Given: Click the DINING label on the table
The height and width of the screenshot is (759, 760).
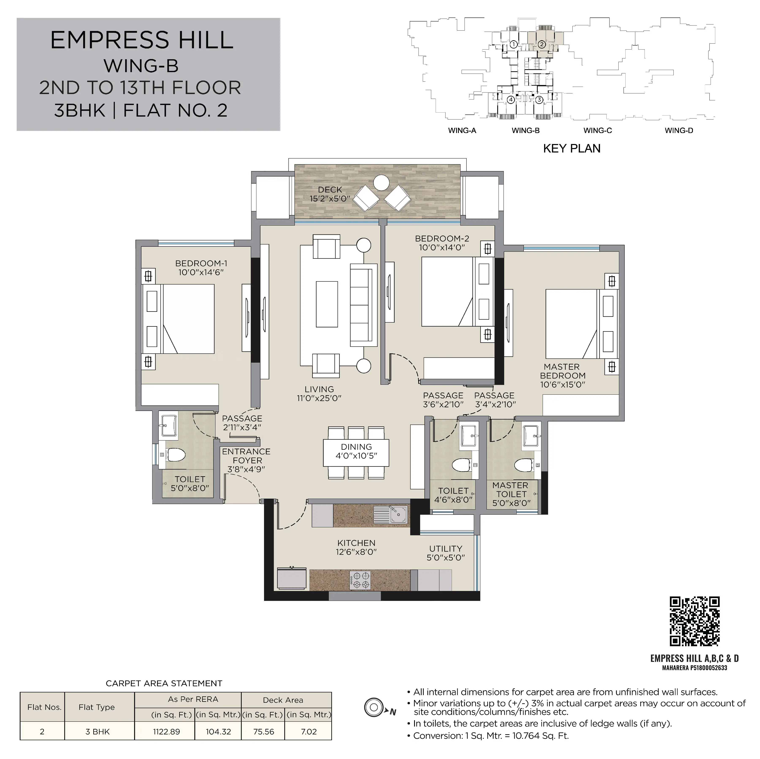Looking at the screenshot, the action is [x=356, y=447].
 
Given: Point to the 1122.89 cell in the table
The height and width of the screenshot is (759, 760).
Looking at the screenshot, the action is [x=166, y=732].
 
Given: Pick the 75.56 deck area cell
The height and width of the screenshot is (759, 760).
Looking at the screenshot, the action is [x=264, y=732].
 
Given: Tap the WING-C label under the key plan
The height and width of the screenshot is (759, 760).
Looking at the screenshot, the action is [x=597, y=131].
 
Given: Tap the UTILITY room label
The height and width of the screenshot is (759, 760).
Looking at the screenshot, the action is [x=446, y=549].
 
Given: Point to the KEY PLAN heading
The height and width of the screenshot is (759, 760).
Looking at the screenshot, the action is [x=572, y=149].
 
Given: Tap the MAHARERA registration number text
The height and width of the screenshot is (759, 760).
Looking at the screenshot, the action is [x=695, y=668].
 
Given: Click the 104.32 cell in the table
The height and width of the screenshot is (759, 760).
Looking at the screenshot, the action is [x=218, y=732].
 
